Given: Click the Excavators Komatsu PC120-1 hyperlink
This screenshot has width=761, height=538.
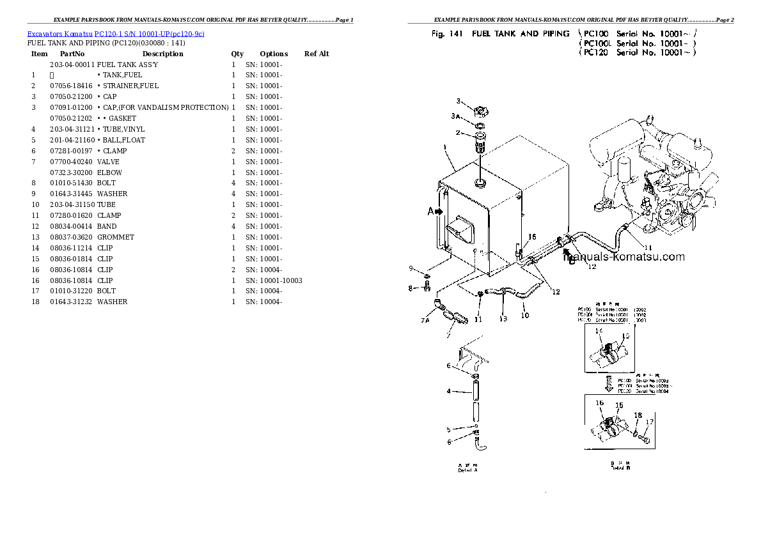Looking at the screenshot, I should (x=116, y=33).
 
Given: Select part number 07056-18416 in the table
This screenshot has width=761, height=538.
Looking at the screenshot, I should (x=71, y=86).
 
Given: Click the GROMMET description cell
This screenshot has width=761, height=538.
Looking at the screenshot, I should (x=116, y=237).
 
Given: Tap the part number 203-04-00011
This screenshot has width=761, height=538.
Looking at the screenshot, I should (x=71, y=65).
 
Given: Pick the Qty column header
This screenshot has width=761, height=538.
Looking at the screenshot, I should (x=237, y=54).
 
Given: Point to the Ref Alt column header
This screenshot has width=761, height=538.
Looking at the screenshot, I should (x=317, y=54).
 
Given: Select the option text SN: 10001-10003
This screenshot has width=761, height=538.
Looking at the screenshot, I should (x=274, y=281).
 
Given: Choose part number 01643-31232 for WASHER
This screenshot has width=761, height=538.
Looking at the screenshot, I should (x=71, y=302).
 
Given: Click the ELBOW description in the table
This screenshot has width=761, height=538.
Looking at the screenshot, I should (x=109, y=173).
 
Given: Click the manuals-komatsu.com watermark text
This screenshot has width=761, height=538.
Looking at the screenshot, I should (x=624, y=257).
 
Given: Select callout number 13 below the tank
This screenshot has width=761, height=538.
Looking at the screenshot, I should (x=503, y=319).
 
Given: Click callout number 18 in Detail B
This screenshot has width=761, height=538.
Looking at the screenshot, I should (x=638, y=415).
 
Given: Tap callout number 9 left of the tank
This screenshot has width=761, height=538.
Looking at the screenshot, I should (x=412, y=268).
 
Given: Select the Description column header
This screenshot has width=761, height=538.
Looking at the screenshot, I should (x=162, y=54).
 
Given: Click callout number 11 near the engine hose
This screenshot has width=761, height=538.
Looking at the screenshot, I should (x=647, y=248).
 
